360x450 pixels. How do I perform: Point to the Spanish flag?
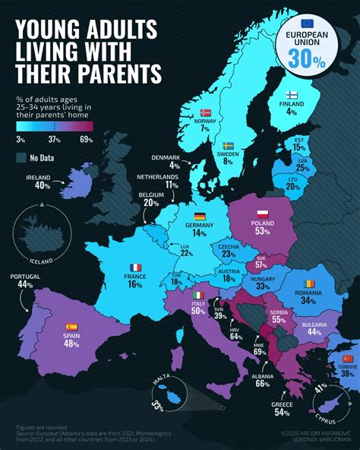(71, 327)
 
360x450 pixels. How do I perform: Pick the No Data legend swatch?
(21, 157)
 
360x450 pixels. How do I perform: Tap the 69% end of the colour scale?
(86, 140)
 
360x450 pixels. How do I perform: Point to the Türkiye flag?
(349, 358)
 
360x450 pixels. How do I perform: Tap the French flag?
(136, 268)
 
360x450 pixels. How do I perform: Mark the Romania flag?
(308, 284)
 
